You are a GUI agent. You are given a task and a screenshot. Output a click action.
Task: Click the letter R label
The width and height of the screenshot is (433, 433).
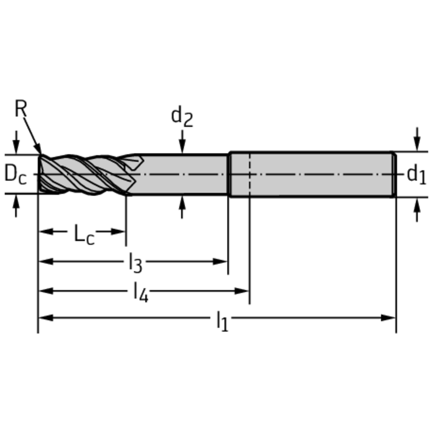21,109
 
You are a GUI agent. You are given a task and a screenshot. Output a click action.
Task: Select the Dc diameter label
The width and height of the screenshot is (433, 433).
16,174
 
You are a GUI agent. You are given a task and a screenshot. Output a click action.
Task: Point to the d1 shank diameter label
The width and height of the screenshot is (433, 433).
416,175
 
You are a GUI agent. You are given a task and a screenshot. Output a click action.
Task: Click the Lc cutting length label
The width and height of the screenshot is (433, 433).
84,234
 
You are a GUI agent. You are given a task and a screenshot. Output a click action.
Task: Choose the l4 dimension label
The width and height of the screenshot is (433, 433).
140,292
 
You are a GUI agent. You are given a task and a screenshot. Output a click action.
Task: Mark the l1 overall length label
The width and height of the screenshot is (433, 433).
222,321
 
